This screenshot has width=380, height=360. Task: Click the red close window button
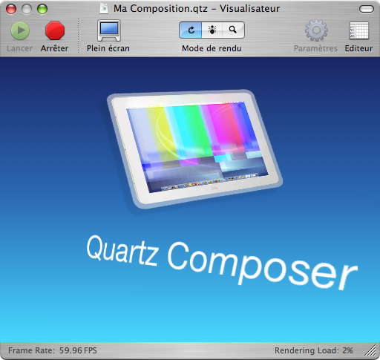[x=11, y=9]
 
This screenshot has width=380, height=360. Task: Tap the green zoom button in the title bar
[x=42, y=9]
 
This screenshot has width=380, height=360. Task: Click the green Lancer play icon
[x=20, y=30]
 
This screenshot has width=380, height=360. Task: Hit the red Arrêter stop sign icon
[x=55, y=30]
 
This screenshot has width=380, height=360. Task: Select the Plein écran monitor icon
[x=109, y=30]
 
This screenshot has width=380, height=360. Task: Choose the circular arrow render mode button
[x=191, y=30]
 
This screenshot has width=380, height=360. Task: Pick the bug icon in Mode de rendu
[x=212, y=30]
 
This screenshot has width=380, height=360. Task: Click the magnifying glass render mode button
[x=233, y=30]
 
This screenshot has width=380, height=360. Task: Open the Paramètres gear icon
[x=316, y=30]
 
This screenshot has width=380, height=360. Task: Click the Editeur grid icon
[x=359, y=30]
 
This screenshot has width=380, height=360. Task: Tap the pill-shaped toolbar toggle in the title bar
[x=367, y=9]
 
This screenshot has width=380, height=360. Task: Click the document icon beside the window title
[x=104, y=9]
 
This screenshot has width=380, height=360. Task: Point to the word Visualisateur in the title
[x=250, y=9]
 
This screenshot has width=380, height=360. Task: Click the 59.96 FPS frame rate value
[x=78, y=350]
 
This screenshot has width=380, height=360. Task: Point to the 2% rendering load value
[x=347, y=350]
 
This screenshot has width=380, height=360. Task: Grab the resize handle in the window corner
[x=370, y=351]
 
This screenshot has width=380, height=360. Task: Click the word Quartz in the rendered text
[x=122, y=251]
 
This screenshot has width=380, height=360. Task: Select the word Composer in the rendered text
[x=262, y=266]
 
